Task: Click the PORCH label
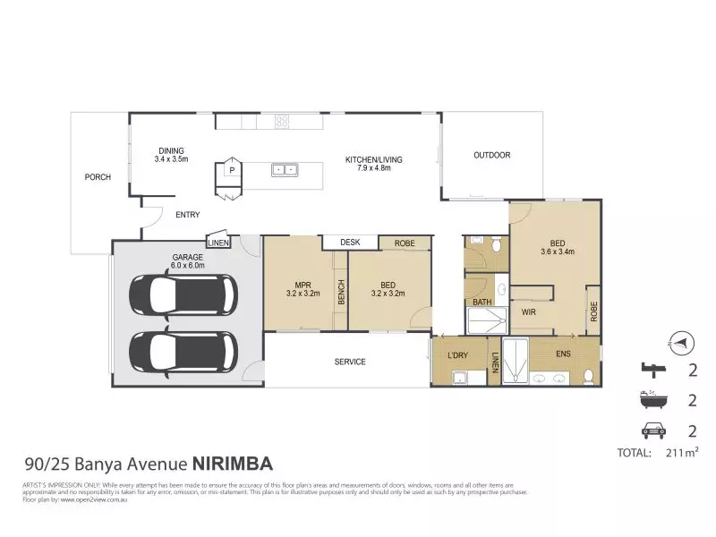(x=98, y=177)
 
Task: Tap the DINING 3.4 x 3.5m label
(x=170, y=155)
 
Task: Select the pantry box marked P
(x=231, y=169)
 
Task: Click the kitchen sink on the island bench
(x=285, y=168)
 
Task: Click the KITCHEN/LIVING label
(x=374, y=164)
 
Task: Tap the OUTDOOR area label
(x=491, y=156)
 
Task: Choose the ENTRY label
(x=187, y=215)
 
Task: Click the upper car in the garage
(x=183, y=292)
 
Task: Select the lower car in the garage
(x=183, y=350)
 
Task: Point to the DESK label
(x=349, y=243)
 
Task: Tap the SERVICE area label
(x=350, y=362)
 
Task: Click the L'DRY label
(x=459, y=356)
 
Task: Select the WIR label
(x=528, y=312)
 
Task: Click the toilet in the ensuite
(x=586, y=376)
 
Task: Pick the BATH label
(x=482, y=303)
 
